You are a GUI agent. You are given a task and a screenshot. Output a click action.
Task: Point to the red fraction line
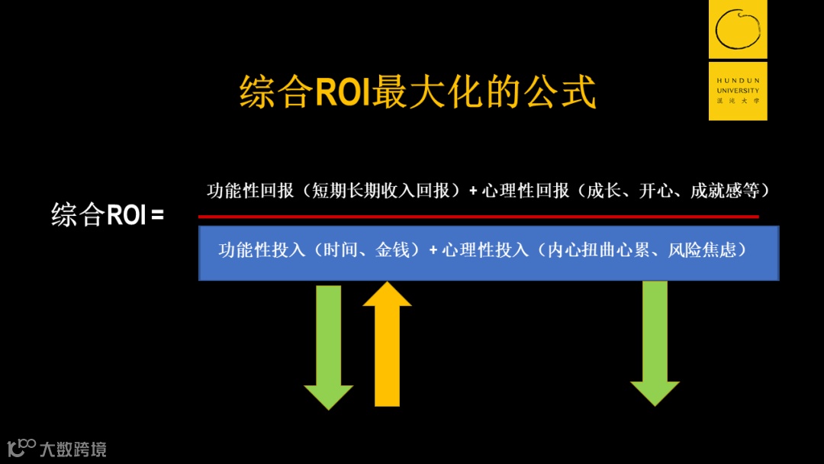click(478, 217)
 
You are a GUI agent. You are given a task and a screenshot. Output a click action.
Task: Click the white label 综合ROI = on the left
click(108, 214)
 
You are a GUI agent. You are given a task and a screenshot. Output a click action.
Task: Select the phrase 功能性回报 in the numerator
click(249, 191)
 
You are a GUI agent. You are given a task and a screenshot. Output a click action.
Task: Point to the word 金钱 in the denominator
click(393, 250)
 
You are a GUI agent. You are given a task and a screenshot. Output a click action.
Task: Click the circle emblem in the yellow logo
click(738, 28)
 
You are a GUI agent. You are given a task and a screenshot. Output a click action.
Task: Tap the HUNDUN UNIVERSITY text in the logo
click(738, 85)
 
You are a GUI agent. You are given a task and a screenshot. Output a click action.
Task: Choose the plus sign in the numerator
click(473, 191)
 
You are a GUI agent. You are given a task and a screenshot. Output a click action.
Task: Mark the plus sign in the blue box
click(433, 250)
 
